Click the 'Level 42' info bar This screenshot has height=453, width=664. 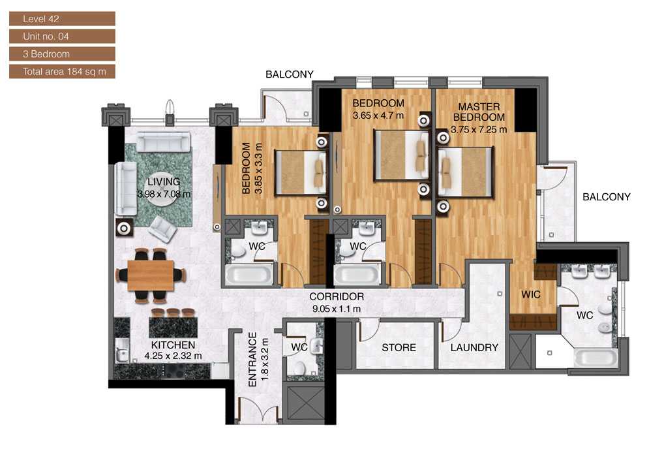(62, 18)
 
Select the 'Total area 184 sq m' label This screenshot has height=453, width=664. (62, 71)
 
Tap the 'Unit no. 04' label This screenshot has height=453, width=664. (62, 36)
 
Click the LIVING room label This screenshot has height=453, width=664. (163, 181)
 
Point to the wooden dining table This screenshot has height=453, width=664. (151, 275)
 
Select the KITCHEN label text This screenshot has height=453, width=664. (173, 345)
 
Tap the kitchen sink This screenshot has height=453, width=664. (121, 353)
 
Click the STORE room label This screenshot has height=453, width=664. (399, 347)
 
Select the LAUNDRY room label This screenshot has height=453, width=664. (474, 347)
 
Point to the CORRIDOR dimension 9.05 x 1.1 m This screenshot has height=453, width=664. (336, 308)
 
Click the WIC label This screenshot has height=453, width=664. (531, 294)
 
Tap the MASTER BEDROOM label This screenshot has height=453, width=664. (479, 112)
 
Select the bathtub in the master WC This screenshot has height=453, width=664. (595, 358)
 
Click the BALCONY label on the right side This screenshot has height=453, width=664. (606, 196)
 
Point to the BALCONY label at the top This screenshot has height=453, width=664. (290, 74)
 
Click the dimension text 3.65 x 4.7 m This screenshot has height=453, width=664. (378, 115)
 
